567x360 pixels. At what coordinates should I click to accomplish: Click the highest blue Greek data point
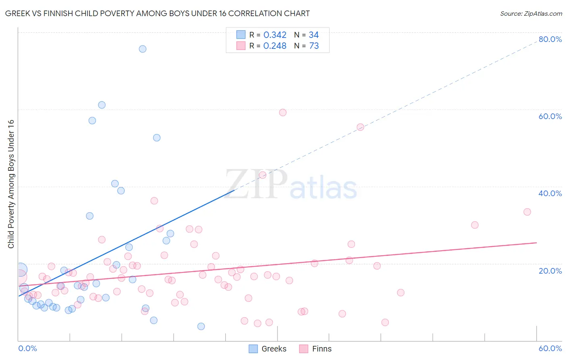(x=142, y=49)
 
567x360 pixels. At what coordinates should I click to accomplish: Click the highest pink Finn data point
(x=283, y=113)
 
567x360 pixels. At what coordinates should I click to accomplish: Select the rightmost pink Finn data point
(x=527, y=212)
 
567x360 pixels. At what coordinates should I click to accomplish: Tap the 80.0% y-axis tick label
(x=550, y=39)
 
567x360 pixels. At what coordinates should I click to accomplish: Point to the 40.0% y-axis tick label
(x=550, y=193)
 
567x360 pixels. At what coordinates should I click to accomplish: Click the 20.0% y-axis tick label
(x=550, y=270)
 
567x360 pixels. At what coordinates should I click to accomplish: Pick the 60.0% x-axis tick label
(x=550, y=348)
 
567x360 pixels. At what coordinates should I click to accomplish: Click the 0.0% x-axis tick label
(x=27, y=348)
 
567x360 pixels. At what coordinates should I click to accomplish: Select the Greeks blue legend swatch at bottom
(x=253, y=349)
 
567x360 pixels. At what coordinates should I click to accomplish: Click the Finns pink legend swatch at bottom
(x=304, y=349)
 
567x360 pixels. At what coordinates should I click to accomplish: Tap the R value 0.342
(x=275, y=35)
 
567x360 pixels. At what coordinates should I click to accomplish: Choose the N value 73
(x=314, y=46)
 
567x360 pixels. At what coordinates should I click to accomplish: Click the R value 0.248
(x=275, y=46)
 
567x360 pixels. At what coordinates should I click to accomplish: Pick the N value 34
(x=314, y=35)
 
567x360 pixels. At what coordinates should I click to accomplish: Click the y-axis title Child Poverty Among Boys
(x=11, y=184)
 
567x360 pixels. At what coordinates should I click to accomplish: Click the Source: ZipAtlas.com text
(x=531, y=13)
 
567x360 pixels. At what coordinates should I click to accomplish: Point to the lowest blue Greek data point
(x=201, y=326)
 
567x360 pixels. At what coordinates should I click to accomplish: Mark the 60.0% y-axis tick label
(x=550, y=116)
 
